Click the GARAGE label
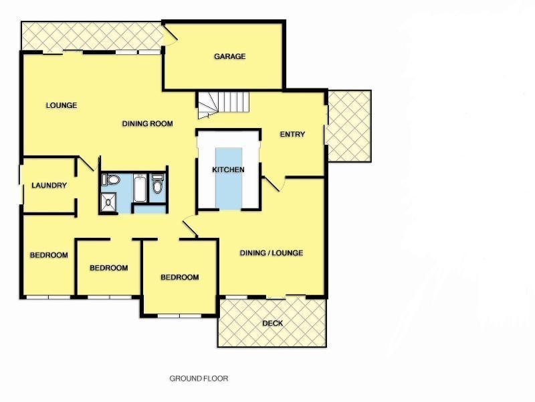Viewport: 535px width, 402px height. tap(229, 56)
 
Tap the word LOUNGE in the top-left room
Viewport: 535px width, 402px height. tap(62, 105)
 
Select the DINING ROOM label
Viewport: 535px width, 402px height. tap(148, 123)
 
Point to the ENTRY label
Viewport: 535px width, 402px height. tap(292, 135)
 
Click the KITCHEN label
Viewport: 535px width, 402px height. tap(228, 170)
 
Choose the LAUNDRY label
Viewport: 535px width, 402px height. tap(49, 186)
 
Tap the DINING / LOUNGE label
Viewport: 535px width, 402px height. tap(272, 253)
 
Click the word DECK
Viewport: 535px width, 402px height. tap(272, 324)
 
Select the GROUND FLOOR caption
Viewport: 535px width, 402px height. tap(199, 379)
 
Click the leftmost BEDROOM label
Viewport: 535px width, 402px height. tap(49, 255)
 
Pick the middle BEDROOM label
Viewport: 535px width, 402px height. tap(108, 268)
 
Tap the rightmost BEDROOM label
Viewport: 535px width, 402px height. tap(179, 277)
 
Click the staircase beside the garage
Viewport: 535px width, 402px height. tap(222, 103)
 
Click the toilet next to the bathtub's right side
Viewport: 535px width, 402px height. tap(158, 184)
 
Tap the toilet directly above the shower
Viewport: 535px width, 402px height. tap(111, 180)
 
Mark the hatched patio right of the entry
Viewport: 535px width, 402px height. tap(348, 125)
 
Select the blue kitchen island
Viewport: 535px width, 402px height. tap(229, 177)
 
